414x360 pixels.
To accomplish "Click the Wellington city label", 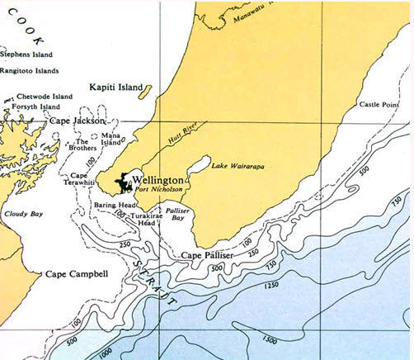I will (157, 179).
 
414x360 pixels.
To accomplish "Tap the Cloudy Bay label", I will (21, 214).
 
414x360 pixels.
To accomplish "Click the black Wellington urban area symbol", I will (124, 182).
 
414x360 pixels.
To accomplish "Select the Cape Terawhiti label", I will (79, 179).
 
